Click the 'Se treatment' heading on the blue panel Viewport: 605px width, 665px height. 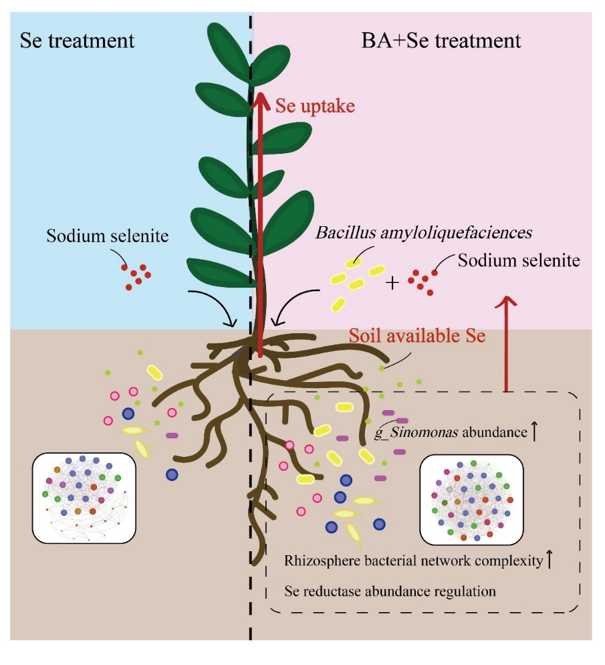point(77,40)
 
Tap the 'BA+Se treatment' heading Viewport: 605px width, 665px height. point(442,40)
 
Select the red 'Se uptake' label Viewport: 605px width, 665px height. point(315,105)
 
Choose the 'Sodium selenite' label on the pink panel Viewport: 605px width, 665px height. point(518,261)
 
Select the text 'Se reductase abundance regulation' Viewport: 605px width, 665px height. point(390,591)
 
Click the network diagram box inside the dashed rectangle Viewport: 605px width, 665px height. point(470,498)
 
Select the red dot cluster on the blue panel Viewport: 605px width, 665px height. point(136,275)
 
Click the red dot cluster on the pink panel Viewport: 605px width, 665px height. point(424,280)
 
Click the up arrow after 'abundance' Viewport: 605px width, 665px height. point(533,432)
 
